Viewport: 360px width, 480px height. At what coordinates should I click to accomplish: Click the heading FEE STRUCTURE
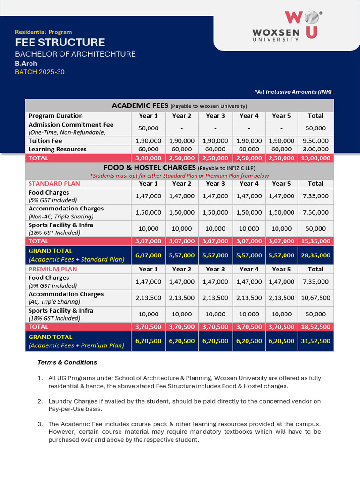tap(60, 43)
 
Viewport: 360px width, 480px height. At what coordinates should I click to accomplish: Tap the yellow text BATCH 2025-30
tap(40, 72)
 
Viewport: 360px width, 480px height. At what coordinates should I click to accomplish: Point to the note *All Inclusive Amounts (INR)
tap(293, 92)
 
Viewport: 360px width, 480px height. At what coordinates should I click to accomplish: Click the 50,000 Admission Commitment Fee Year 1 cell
tap(148, 128)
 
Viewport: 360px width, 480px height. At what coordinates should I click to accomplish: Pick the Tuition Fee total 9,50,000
tap(315, 141)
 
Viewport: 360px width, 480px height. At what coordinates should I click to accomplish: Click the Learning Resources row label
tap(57, 149)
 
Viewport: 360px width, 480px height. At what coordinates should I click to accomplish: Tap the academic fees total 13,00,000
tap(315, 158)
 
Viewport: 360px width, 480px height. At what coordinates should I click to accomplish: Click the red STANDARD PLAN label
tap(54, 183)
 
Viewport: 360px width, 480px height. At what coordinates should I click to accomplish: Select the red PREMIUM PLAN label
tap(52, 269)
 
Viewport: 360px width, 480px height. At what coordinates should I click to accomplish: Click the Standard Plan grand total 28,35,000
tap(315, 255)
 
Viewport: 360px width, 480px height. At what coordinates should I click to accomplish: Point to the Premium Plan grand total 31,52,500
tap(315, 341)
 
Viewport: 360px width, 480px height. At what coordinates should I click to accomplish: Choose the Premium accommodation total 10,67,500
tap(315, 298)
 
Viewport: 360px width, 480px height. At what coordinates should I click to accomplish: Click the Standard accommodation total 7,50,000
tap(315, 212)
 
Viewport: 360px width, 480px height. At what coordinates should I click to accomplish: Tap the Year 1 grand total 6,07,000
tap(148, 255)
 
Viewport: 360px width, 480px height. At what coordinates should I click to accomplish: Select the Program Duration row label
tap(55, 116)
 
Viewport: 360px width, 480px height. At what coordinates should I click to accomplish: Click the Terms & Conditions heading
tap(67, 362)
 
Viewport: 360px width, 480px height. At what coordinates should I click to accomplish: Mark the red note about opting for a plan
tap(179, 176)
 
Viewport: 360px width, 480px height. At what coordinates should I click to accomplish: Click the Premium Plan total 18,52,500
tap(315, 326)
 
